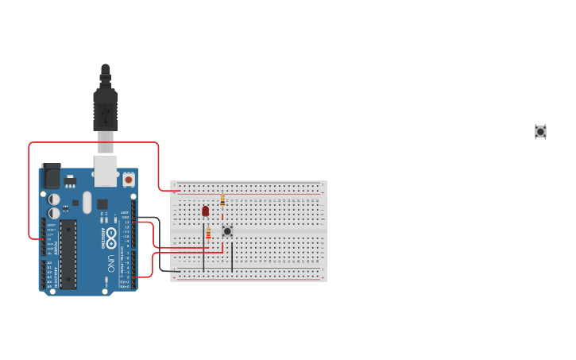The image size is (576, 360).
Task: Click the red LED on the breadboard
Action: [205, 211]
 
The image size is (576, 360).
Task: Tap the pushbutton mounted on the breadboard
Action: [227, 231]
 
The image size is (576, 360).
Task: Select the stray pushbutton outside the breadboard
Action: [540, 131]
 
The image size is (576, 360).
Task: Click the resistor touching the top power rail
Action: [222, 200]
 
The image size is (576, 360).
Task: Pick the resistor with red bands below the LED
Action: [208, 233]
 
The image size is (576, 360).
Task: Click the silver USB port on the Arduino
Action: [106, 167]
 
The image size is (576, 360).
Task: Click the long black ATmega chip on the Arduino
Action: [68, 254]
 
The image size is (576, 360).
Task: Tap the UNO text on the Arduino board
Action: [110, 261]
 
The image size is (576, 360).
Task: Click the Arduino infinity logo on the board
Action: [110, 237]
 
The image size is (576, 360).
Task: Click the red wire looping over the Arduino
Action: [94, 143]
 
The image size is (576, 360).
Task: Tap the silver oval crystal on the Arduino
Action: [87, 202]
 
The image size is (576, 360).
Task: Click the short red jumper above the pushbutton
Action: [222, 217]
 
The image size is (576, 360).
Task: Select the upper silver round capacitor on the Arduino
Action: [54, 199]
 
